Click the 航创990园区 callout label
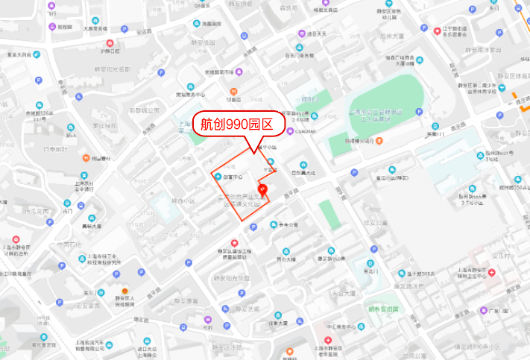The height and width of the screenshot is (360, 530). pos(239,124)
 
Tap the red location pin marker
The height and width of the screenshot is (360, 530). pos(262,189)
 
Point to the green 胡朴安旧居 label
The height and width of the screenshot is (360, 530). pos(383,309)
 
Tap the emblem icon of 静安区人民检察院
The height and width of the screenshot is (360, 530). pos(124,291)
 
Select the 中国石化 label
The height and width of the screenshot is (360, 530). pos(68,244)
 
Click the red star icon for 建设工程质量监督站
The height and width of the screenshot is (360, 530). pos(235,242)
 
